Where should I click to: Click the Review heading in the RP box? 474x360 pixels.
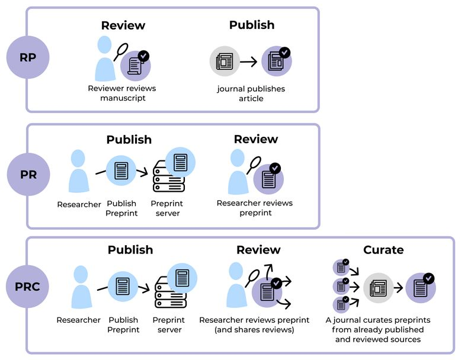pyautogui.click(x=123, y=25)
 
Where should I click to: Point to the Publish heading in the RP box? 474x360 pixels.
pyautogui.click(x=252, y=25)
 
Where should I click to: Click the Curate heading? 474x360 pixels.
pyautogui.click(x=383, y=249)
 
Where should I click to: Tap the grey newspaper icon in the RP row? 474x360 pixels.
pyautogui.click(x=225, y=61)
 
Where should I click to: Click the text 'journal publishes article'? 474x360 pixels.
pyautogui.click(x=251, y=94)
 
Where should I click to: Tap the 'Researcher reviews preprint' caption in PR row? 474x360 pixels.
pyautogui.click(x=255, y=208)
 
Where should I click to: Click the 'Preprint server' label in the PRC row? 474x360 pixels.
pyautogui.click(x=169, y=324)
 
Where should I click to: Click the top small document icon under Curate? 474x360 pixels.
pyautogui.click(x=341, y=267)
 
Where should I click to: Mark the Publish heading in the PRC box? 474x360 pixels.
pyautogui.click(x=130, y=249)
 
